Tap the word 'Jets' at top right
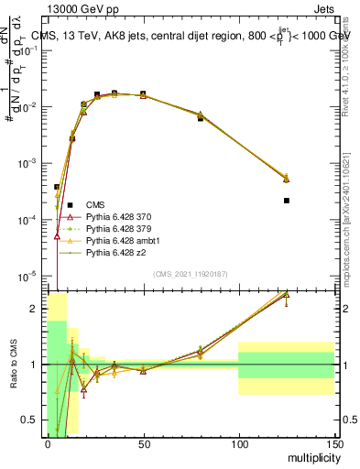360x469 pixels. [324, 8]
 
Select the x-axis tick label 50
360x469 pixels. [143, 442]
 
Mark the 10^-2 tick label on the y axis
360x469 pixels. [28, 107]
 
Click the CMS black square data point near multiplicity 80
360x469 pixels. [201, 118]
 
